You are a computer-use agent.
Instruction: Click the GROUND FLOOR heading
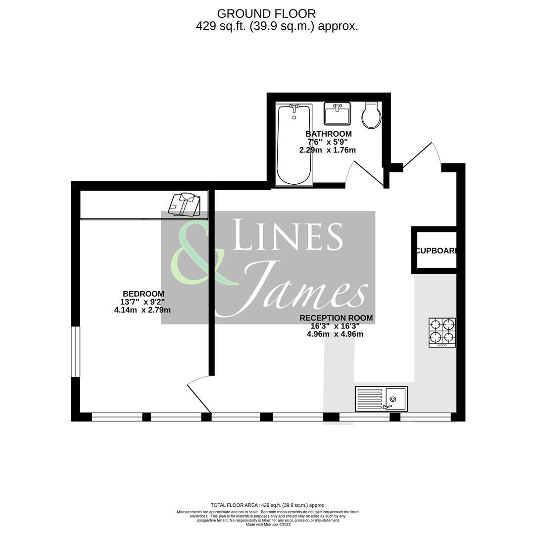click(266, 14)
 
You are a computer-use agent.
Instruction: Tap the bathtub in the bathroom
click(294, 144)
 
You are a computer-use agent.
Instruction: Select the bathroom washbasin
click(337, 113)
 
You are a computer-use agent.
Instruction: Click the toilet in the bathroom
click(371, 115)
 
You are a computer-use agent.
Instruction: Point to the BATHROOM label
click(328, 134)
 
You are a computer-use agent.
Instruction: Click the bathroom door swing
click(364, 173)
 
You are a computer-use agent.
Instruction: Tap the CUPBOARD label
click(435, 251)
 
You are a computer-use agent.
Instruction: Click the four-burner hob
click(442, 332)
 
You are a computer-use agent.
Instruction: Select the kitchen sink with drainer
click(381, 399)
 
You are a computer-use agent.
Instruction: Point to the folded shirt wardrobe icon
click(185, 204)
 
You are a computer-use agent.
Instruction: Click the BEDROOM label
click(143, 294)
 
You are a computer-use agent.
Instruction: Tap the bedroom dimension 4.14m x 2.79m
click(142, 310)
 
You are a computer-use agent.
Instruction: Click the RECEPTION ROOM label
click(336, 318)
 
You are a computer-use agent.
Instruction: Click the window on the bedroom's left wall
click(75, 351)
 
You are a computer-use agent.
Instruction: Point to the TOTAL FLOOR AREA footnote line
click(268, 505)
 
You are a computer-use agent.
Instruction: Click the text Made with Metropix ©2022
click(268, 525)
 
